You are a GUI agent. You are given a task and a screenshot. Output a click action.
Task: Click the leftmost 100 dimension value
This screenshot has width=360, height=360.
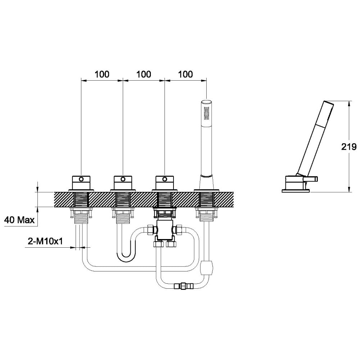pos(102,74)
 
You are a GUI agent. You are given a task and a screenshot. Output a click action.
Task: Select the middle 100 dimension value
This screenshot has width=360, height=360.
pos(144,74)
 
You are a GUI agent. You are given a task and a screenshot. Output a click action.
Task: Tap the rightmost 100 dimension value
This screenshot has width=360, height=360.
pos(185,74)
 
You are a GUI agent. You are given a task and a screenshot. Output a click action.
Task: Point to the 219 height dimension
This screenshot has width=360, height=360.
pos(349,146)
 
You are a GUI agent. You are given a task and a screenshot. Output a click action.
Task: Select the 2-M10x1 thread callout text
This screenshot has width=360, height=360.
pos(45,242)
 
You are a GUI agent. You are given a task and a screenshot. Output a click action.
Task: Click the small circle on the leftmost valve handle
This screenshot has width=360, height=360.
pos(81,179)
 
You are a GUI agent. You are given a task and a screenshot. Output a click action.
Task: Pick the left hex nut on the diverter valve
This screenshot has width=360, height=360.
pos(150,229)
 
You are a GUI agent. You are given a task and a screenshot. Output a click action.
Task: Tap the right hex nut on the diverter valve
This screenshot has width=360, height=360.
pos(179,229)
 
